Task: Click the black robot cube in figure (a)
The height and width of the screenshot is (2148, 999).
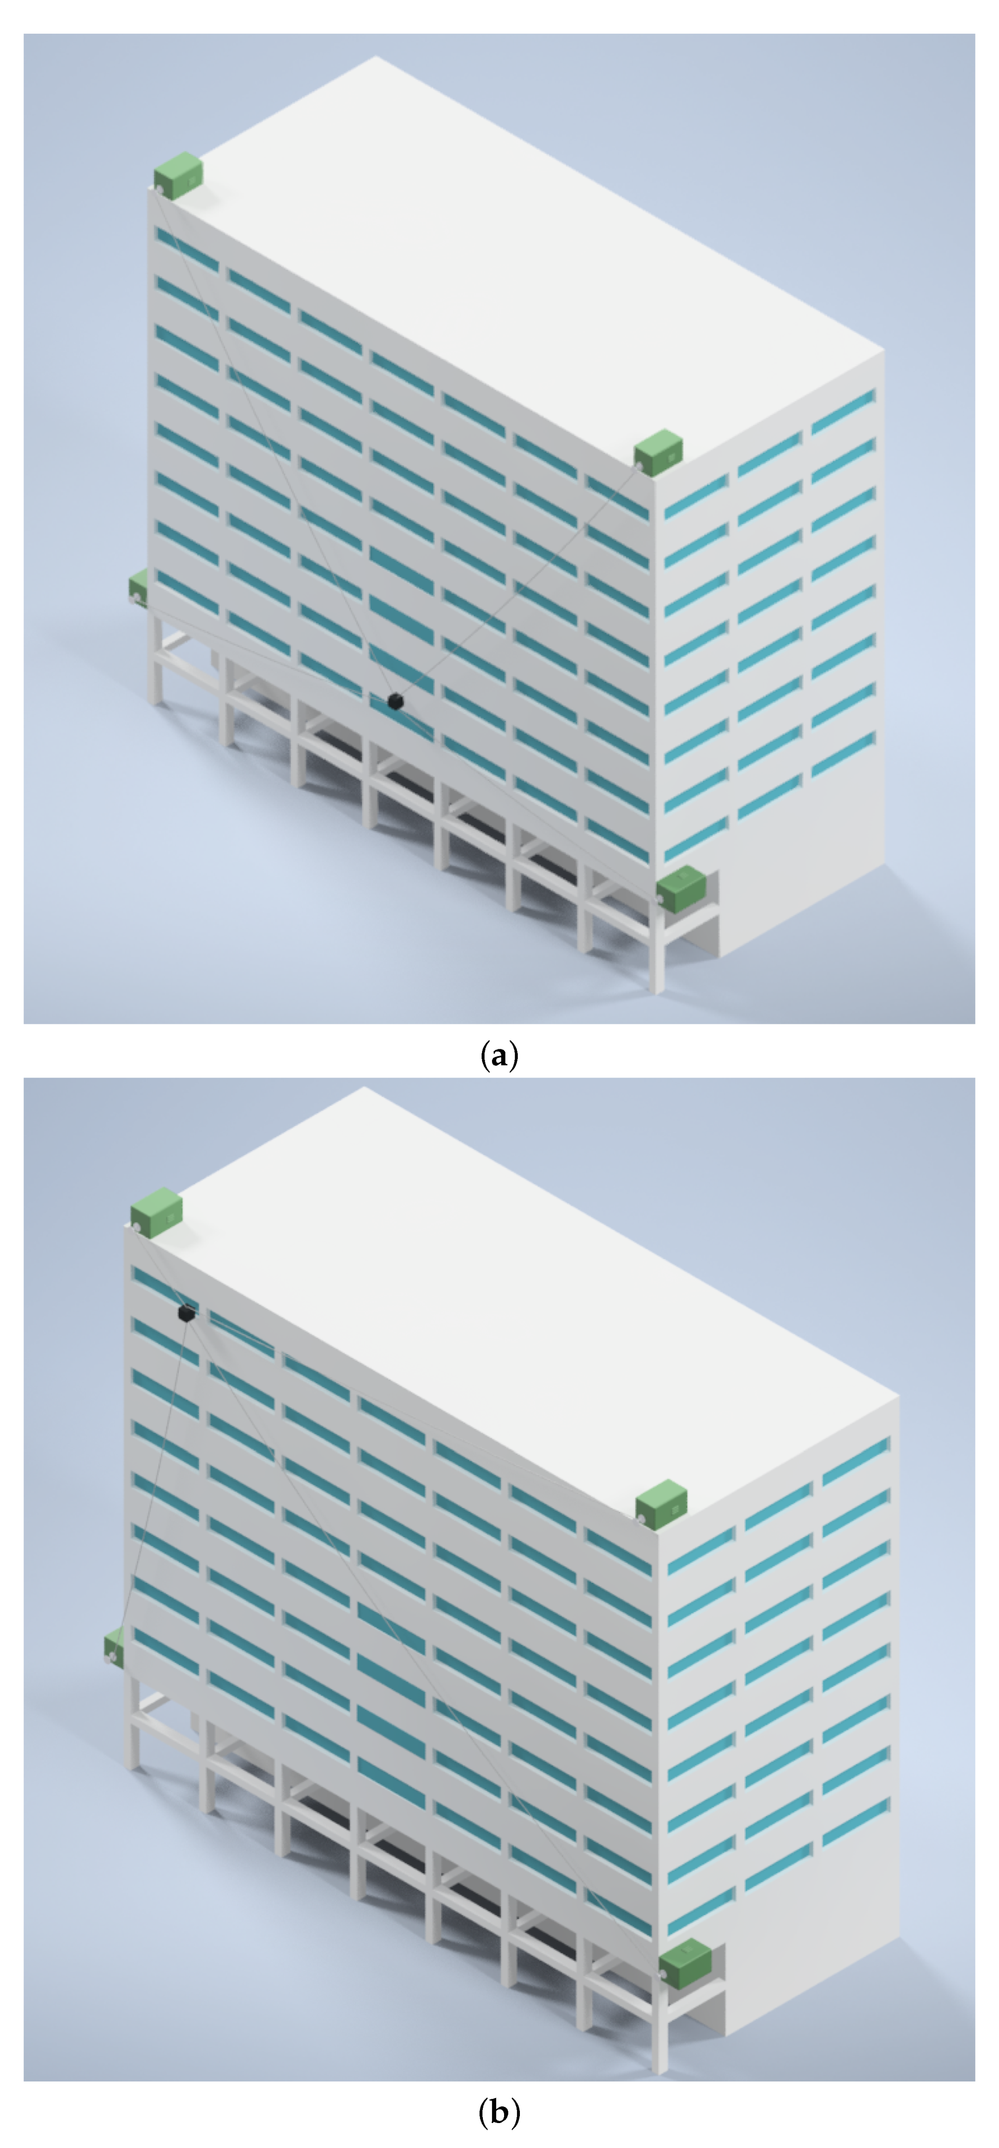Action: tap(395, 701)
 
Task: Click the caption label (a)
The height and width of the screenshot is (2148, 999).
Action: tap(499, 1056)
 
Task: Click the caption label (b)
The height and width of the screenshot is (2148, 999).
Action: tap(499, 2113)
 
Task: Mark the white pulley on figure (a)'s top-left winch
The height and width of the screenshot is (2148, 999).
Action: tap(158, 190)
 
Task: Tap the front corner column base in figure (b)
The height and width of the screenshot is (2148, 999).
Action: tap(659, 2065)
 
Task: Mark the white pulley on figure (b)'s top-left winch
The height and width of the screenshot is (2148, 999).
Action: tap(135, 1228)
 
